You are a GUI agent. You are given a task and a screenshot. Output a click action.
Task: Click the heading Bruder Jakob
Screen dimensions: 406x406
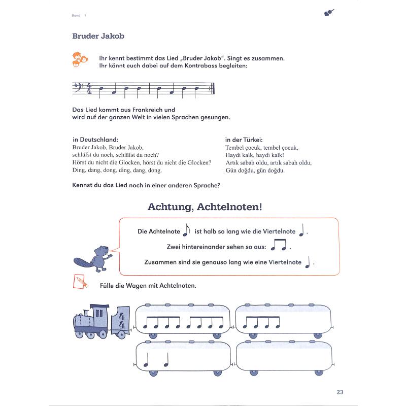click(x=98, y=36)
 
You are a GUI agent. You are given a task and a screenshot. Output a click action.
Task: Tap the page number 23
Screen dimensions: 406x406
click(x=340, y=392)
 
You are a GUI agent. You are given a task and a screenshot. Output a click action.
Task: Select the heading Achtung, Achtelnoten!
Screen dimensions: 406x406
click(x=205, y=207)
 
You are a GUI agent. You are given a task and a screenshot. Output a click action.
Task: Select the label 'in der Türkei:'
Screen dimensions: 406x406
click(x=244, y=140)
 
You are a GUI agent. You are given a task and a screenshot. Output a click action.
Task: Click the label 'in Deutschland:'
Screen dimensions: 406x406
click(x=95, y=140)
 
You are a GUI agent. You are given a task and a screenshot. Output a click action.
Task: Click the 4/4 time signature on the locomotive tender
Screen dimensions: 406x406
click(x=122, y=320)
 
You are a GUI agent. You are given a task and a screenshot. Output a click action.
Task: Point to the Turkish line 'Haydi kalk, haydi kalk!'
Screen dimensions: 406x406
click(x=254, y=155)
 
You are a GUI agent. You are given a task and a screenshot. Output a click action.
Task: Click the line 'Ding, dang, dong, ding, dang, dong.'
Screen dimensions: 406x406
click(x=117, y=170)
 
